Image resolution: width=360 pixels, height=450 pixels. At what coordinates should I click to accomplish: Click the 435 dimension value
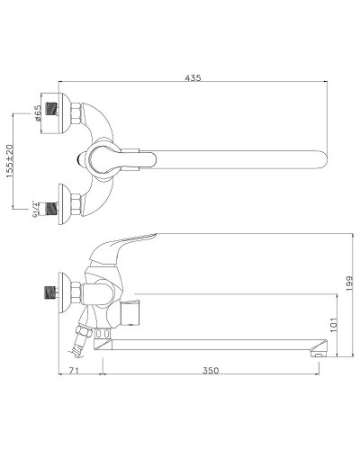193,77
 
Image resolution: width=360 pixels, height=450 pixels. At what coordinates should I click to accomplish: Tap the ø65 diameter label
38,113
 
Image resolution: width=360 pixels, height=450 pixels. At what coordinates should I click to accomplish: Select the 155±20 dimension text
10,161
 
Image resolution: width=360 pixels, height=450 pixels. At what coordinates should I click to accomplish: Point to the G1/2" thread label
35,209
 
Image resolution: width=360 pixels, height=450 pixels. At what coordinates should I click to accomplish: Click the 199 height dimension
349,283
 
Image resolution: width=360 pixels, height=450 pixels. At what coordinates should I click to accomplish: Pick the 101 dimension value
333,324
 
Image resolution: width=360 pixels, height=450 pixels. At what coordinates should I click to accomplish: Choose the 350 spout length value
211,370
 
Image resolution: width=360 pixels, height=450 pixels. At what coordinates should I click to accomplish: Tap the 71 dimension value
74,370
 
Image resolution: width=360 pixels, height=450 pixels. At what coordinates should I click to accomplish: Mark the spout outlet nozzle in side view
319,348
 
